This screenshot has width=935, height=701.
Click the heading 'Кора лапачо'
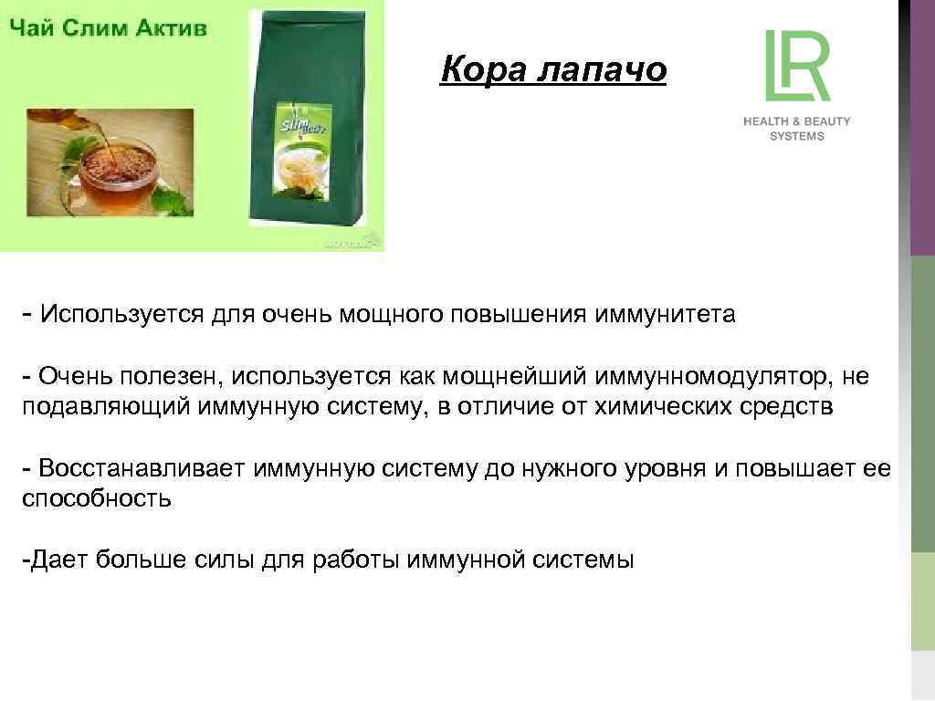click(x=552, y=69)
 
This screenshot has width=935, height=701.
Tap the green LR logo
click(x=796, y=66)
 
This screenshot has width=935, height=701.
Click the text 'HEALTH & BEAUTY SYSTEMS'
click(x=796, y=129)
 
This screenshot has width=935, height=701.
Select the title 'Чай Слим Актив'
click(x=109, y=27)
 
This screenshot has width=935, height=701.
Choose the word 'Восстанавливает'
click(x=142, y=468)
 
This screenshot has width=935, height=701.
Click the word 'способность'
click(x=97, y=498)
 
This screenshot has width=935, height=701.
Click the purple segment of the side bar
click(x=922, y=128)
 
